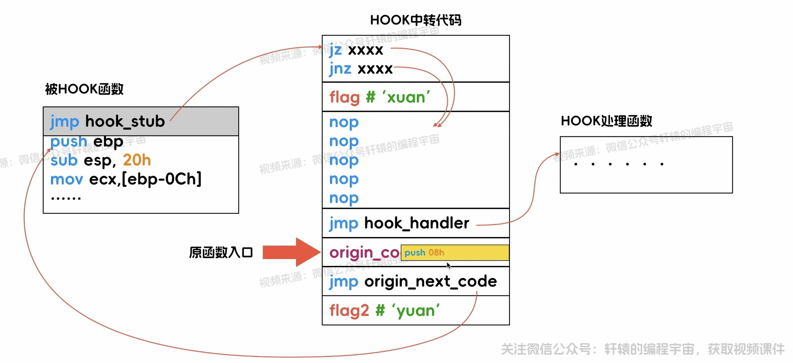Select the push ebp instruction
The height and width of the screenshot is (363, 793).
87,142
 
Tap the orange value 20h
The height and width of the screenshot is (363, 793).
137,160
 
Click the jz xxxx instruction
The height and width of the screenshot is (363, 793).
356,50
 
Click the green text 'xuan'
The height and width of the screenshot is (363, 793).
406,97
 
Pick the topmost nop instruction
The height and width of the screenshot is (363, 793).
344,122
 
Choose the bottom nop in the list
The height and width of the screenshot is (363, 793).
344,198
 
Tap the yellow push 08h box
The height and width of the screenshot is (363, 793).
455,253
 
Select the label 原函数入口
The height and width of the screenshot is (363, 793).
221,252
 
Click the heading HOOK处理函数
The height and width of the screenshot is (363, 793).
606,121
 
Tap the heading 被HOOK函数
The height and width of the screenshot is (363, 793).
84,89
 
